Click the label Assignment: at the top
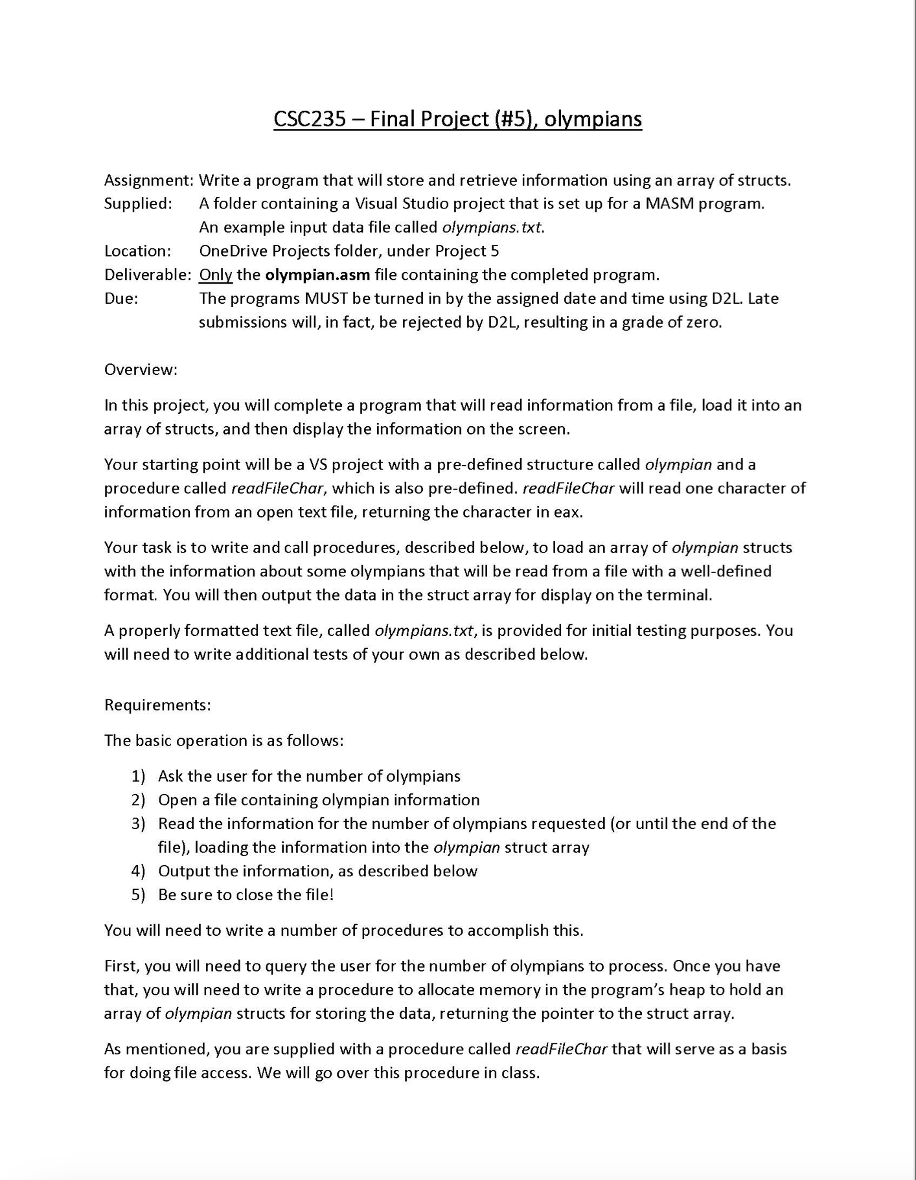[x=149, y=181]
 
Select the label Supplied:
[x=138, y=204]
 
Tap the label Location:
[x=137, y=251]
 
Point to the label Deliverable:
[x=148, y=275]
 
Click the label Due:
[x=121, y=299]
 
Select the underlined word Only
[x=215, y=275]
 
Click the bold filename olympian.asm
[x=317, y=275]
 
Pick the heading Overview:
[x=141, y=370]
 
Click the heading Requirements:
[x=157, y=705]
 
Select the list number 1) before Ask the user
[x=138, y=776]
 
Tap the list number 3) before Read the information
[x=138, y=824]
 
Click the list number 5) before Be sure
[x=138, y=895]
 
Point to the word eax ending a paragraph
[x=569, y=512]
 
